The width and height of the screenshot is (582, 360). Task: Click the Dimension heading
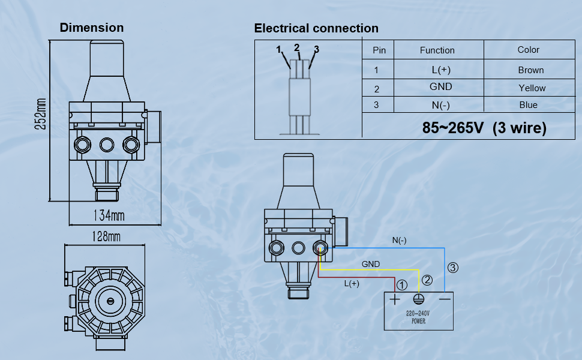92,28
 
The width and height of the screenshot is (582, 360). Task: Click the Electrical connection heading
316,28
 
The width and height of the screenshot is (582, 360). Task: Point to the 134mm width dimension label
109,214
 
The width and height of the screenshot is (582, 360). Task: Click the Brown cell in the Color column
530,70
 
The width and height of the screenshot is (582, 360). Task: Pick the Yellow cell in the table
532,88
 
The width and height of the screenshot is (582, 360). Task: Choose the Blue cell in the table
528,105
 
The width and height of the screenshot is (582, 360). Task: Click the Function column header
437,50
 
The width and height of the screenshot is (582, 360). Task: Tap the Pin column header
379,50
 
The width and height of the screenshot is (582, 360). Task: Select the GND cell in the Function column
440,87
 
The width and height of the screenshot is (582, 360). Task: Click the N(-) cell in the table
441,105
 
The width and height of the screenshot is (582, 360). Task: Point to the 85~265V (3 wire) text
484,128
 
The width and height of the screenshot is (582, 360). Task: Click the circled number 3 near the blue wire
453,268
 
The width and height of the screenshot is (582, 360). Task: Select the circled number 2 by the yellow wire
427,280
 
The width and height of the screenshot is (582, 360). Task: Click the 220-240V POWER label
419,316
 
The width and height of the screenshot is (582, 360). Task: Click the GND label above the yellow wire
370,264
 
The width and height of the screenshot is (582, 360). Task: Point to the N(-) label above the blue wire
399,241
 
